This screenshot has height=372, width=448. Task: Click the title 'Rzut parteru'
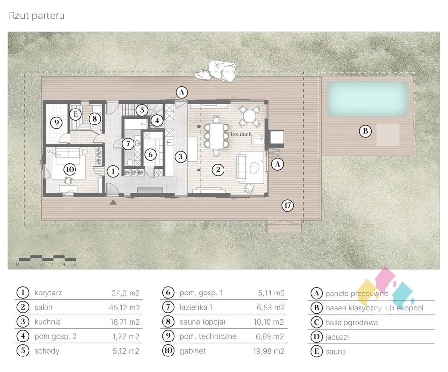coord(37,15)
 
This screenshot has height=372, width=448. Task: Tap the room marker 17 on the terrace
coord(288,205)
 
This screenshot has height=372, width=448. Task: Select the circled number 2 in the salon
coord(218,170)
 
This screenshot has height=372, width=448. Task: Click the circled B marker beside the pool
coord(365,131)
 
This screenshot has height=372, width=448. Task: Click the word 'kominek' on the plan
coord(241,134)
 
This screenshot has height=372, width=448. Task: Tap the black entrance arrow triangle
coord(113,202)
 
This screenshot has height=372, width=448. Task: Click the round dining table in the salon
coord(250,116)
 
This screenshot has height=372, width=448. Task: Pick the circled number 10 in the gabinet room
coord(70,170)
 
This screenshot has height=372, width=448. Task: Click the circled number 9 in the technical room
coord(56,123)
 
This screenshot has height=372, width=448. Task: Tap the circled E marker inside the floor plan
coord(75,114)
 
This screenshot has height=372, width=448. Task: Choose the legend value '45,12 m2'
coord(124,307)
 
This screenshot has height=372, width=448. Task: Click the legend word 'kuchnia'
coord(47,322)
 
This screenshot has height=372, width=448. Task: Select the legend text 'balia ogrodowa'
coord(352,323)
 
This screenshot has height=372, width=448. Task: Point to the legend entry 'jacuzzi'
coord(337,337)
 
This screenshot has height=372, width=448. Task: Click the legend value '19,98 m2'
coord(269,351)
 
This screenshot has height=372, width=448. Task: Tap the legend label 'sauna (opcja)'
coord(203,322)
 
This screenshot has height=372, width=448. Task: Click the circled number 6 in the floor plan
coord(150,155)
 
